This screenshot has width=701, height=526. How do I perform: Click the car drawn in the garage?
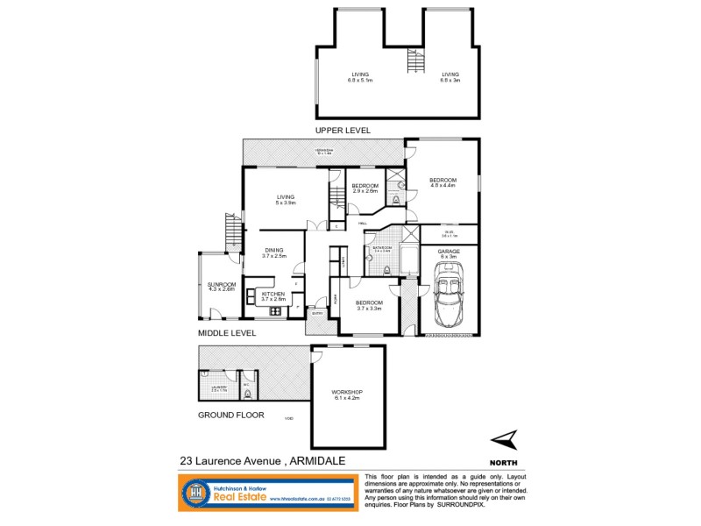[x=450, y=296]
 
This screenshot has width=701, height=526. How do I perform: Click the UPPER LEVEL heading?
[x=343, y=130]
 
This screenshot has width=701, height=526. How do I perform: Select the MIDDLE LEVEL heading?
[x=226, y=333]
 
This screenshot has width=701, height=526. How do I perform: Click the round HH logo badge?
[x=196, y=494]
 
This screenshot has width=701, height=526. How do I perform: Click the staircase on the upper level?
[x=414, y=62]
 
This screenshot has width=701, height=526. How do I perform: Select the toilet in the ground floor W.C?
[x=248, y=394]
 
